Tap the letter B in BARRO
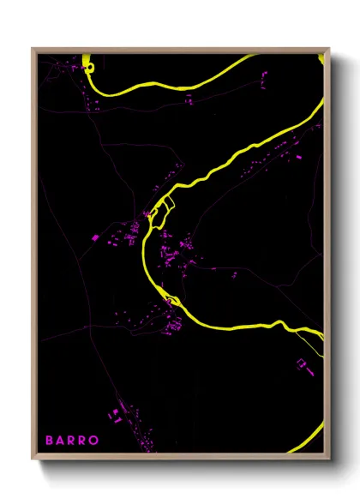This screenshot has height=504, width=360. pyautogui.click(x=50, y=441)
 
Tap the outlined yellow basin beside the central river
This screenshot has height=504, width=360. pyautogui.click(x=165, y=207)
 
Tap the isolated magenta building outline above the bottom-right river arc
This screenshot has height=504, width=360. pyautogui.click(x=302, y=364)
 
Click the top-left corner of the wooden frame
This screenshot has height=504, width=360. pyautogui.click(x=33, y=49)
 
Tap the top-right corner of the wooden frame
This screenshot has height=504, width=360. pyautogui.click(x=328, y=49)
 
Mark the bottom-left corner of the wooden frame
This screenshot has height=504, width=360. pyautogui.click(x=33, y=460)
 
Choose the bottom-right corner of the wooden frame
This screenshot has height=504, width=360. pyautogui.click(x=328, y=460)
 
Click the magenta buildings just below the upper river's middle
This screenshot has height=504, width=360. pyautogui.click(x=189, y=101)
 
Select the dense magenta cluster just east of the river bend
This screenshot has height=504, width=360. pyautogui.click(x=180, y=253)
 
